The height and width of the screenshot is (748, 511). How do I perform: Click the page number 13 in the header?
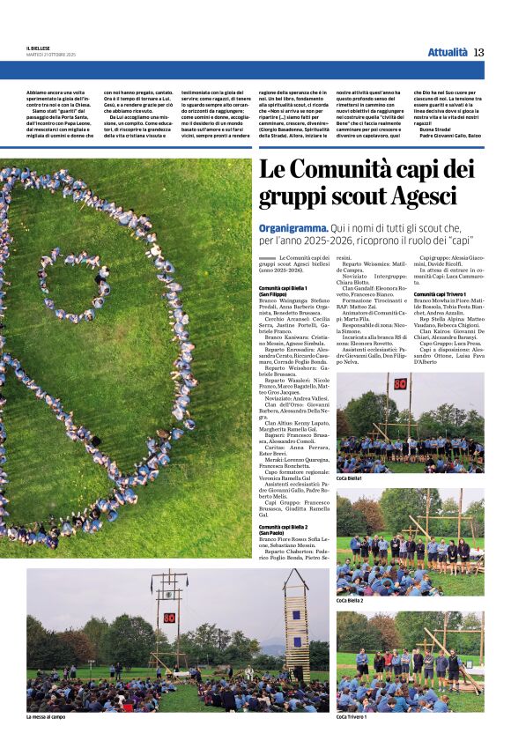click(x=478, y=52)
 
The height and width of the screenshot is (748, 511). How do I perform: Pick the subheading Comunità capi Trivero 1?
click(x=440, y=294)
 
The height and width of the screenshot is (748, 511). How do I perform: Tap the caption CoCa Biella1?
click(x=350, y=478)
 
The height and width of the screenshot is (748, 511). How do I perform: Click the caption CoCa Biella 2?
click(x=351, y=600)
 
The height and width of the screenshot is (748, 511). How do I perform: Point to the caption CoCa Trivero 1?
click(x=353, y=717)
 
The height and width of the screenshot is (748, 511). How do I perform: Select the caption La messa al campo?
click(x=47, y=717)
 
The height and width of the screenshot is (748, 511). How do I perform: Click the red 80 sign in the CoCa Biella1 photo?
click(x=400, y=383)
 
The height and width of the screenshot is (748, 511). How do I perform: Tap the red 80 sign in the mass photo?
click(x=167, y=617)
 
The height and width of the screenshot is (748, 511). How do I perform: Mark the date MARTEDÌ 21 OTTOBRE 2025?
click(x=51, y=56)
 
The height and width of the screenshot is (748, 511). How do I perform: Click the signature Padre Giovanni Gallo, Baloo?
click(x=450, y=136)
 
